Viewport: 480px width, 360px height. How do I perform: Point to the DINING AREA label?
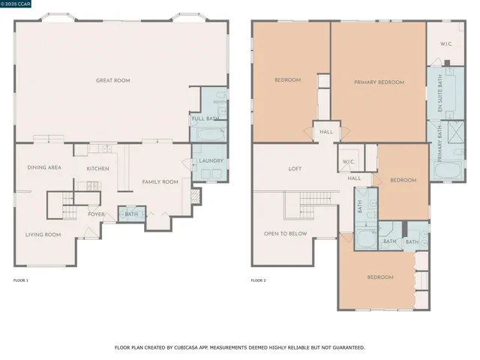click(44, 167)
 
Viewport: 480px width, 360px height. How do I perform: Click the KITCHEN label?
click(97, 168)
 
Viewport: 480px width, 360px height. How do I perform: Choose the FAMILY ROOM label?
click(160, 181)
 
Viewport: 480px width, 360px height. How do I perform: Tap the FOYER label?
click(97, 214)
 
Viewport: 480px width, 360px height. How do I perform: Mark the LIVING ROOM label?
click(43, 235)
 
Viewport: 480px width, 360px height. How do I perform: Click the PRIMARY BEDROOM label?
click(379, 82)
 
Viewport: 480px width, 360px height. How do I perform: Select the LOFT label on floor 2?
click(295, 169)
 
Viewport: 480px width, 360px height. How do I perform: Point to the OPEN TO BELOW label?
click(285, 233)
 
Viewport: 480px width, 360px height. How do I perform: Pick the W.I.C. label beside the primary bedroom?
click(445, 43)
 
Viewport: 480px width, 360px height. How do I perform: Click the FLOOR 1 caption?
click(21, 280)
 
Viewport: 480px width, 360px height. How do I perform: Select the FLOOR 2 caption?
click(259, 280)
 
